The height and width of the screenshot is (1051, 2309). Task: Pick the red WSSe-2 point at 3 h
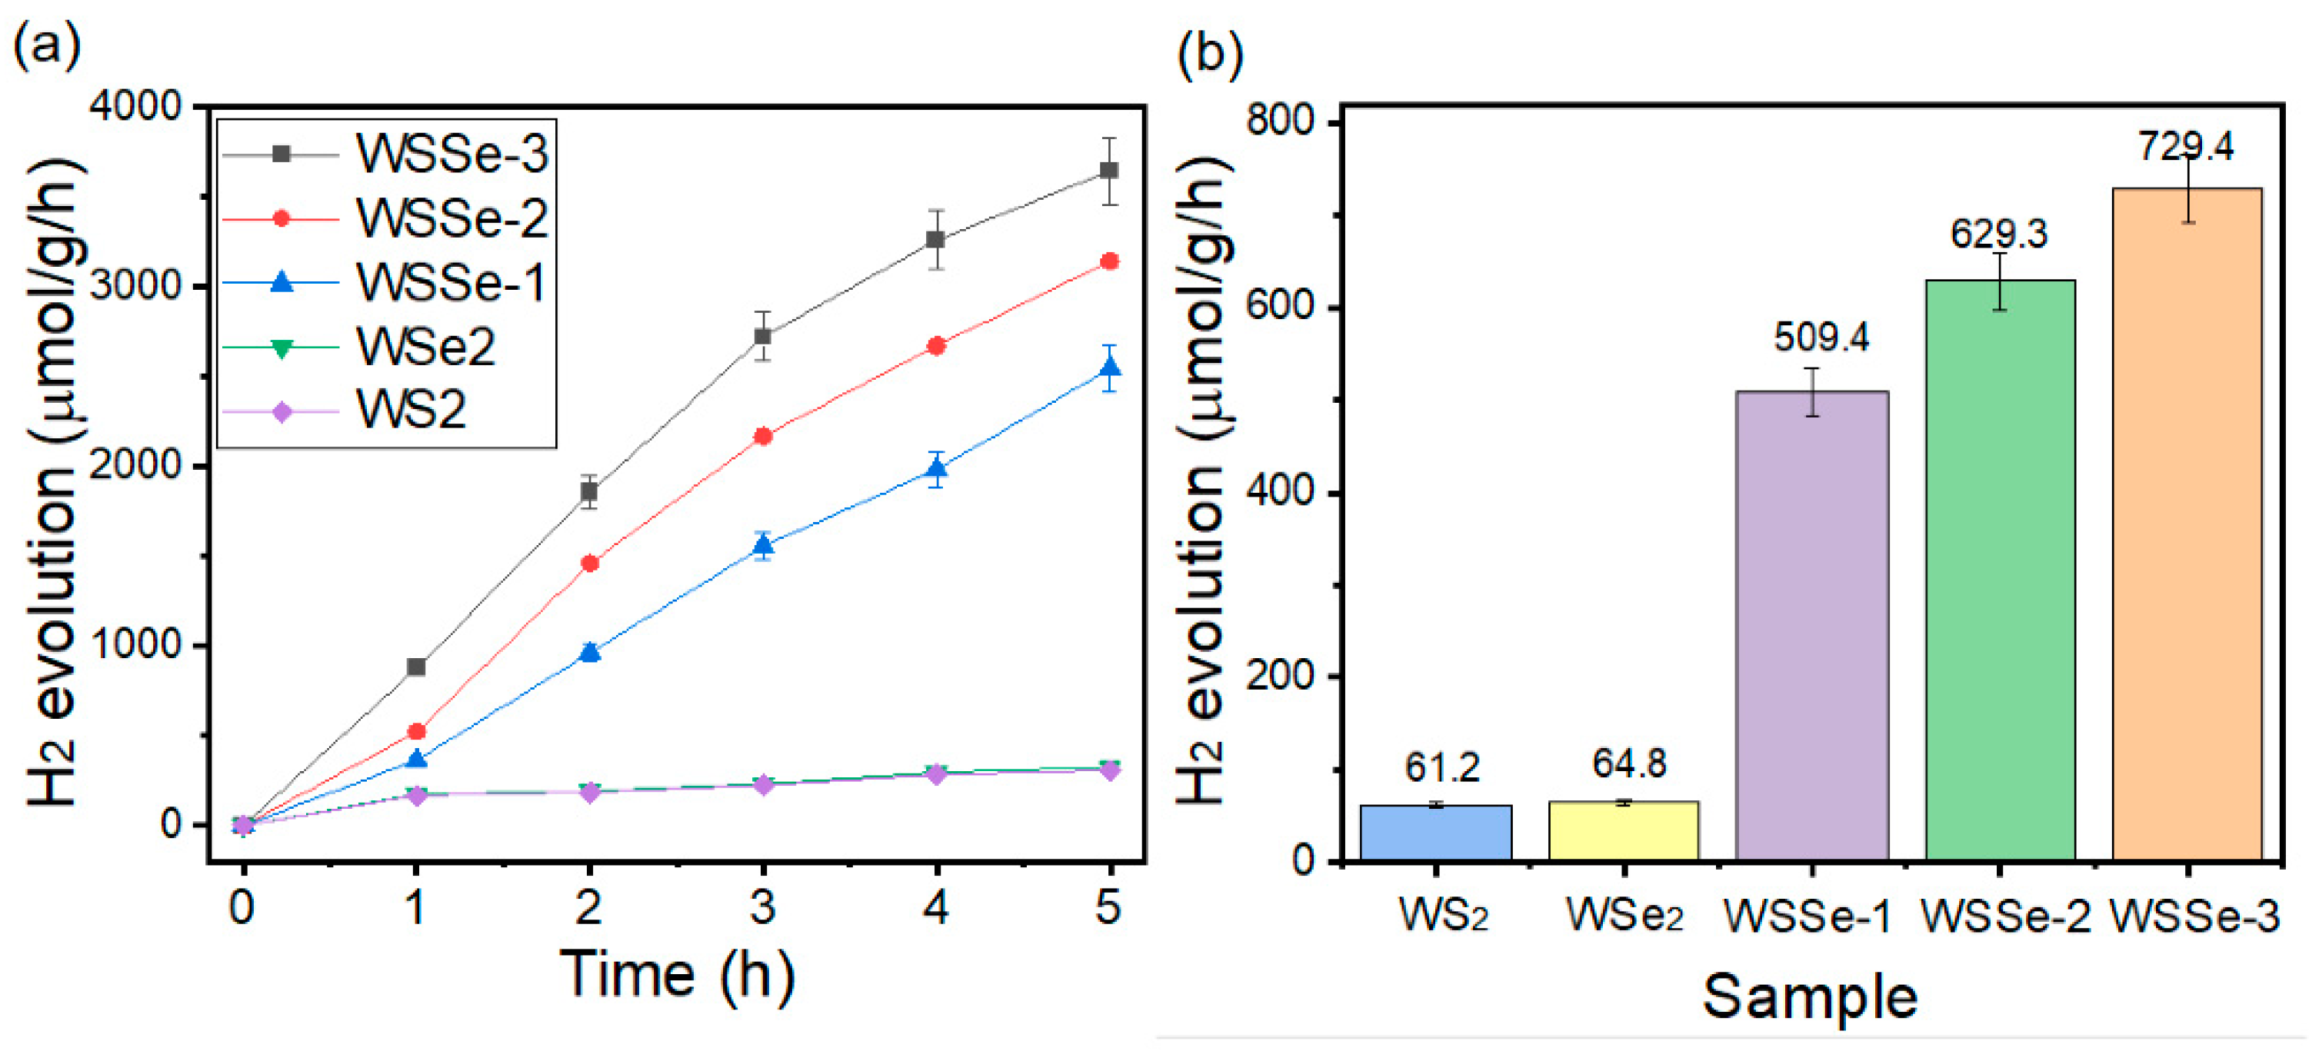coord(763,437)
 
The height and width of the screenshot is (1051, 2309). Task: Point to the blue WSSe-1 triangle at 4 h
coord(936,468)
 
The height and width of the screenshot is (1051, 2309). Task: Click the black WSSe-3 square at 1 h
coord(416,667)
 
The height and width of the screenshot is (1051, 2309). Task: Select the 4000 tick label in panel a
coord(135,106)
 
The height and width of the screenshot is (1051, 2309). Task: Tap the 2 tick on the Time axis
coord(589,909)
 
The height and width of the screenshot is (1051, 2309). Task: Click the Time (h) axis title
coord(678,974)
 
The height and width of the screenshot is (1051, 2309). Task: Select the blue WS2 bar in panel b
coord(1435,833)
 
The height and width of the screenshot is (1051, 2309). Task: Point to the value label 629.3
coord(1999,234)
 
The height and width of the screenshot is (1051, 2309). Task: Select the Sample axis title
coord(1810,997)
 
